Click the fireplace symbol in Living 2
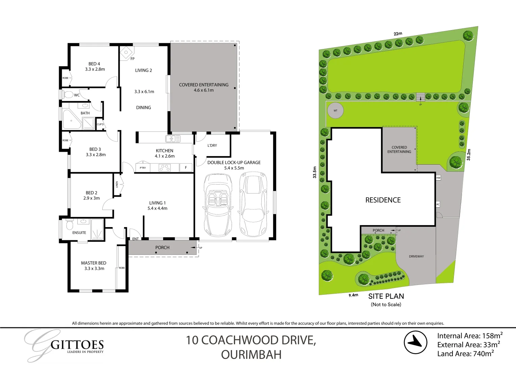tap(126, 53)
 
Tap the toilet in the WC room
tap(68, 95)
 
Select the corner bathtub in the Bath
tap(71, 119)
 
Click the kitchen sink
tap(173, 139)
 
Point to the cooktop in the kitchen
tap(164, 168)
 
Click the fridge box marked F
tap(186, 168)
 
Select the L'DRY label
tap(212, 145)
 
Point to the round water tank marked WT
tap(335, 111)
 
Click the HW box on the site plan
tap(438, 178)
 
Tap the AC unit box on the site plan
tap(438, 204)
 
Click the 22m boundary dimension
tap(398, 34)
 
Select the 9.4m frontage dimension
tap(353, 295)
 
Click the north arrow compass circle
tap(415, 342)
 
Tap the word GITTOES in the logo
tap(77, 345)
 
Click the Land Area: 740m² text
tap(465, 354)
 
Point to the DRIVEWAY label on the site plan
tap(416, 256)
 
